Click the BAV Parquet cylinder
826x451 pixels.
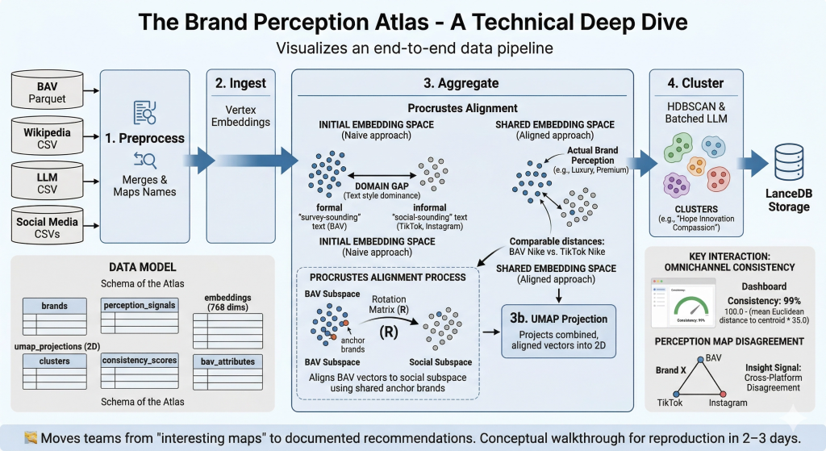47,90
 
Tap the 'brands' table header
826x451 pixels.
55,307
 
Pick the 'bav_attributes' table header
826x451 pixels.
227,361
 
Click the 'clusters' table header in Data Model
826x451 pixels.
55,361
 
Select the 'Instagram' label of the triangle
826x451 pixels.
729,403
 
